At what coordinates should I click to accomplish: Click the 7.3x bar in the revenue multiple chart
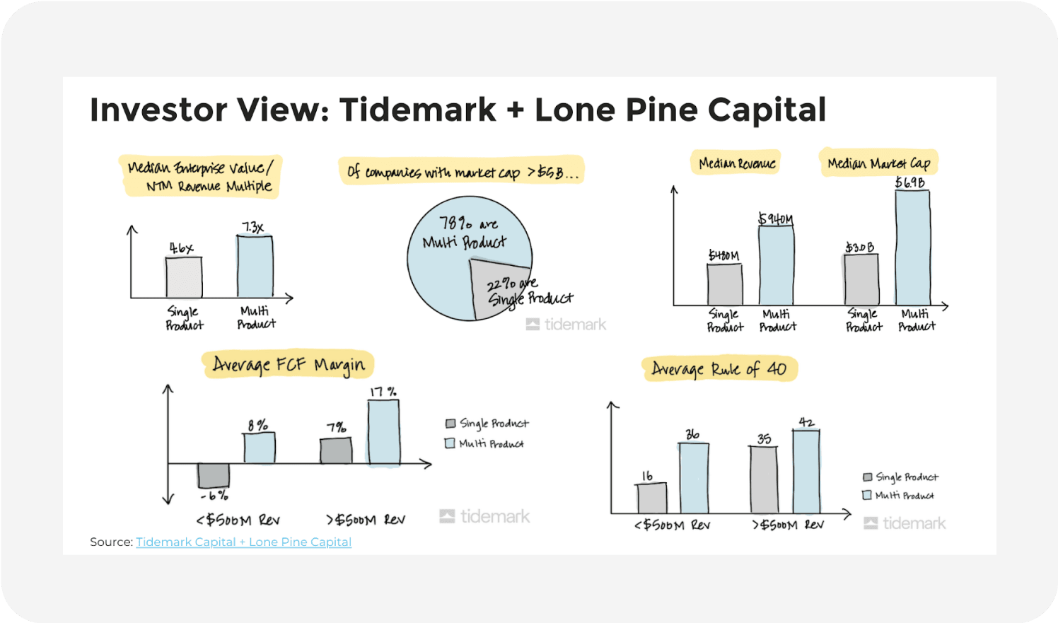tap(255, 267)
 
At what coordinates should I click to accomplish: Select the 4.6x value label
tap(181, 248)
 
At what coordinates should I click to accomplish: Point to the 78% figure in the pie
tap(455, 223)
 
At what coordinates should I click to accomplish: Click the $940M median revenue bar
tap(776, 265)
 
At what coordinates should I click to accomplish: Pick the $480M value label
tap(723, 255)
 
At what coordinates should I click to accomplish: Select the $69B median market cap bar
tap(912, 248)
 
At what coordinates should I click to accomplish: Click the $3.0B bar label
tap(859, 248)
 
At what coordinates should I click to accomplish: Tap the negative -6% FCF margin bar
tap(214, 476)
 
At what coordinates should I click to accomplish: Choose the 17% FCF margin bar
tap(383, 432)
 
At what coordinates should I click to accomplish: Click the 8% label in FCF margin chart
tap(257, 425)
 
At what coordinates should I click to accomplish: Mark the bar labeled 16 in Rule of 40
tap(652, 498)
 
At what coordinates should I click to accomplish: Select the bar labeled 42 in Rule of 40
tap(806, 471)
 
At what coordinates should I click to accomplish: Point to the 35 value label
tap(764, 438)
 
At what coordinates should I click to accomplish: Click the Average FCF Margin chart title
tap(289, 365)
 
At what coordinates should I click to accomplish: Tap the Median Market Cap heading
tap(878, 163)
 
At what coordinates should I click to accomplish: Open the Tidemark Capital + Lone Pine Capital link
tap(243, 542)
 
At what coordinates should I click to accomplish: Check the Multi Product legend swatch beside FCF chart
tap(449, 443)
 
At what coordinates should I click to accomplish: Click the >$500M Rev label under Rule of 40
tap(788, 525)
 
